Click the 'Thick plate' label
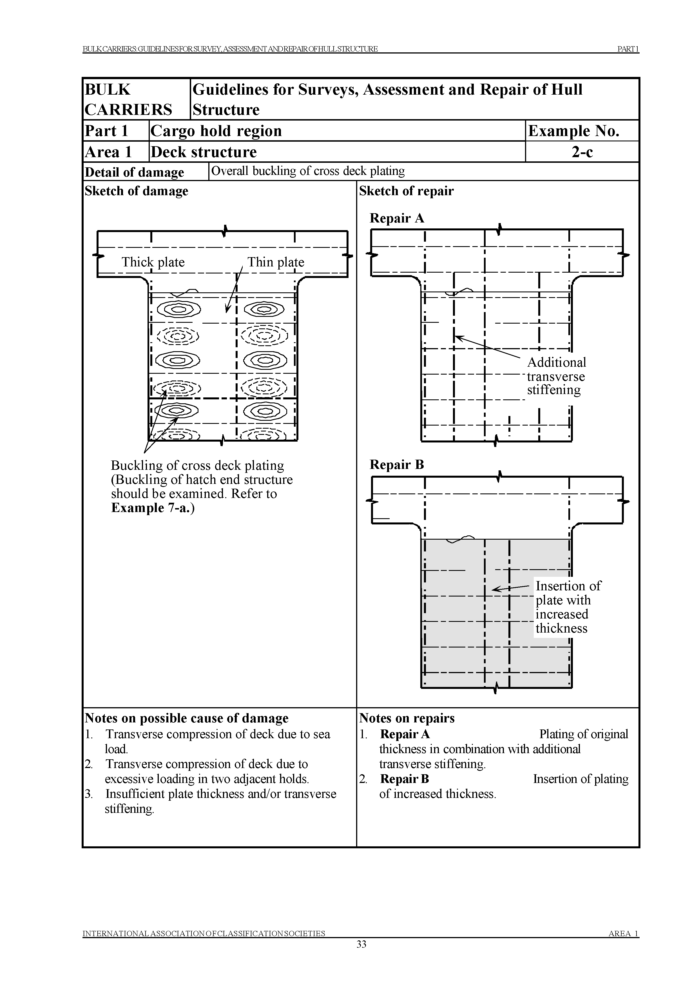tap(153, 262)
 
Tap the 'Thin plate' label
tap(276, 262)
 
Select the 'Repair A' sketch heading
tap(397, 218)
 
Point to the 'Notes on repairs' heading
tap(407, 718)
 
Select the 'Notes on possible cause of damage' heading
tap(186, 718)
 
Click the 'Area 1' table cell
tap(108, 152)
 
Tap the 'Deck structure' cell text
tap(204, 152)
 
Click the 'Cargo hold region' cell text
tap(216, 131)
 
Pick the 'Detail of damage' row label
tap(134, 172)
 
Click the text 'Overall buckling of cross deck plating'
tap(308, 171)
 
